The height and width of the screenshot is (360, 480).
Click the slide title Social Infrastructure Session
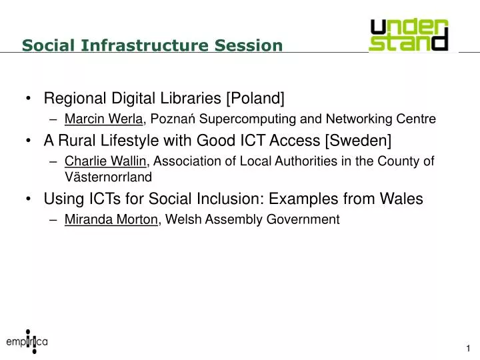point(152,45)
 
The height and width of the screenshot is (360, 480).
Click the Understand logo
point(409,35)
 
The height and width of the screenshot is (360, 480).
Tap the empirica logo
point(27,341)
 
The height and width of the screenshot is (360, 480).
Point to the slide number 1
point(469,349)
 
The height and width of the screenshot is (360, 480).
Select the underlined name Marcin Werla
point(103,119)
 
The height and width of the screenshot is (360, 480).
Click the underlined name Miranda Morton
point(111,219)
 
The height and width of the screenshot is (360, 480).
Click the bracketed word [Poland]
point(255,99)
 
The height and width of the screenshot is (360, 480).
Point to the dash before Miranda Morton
point(53,219)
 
